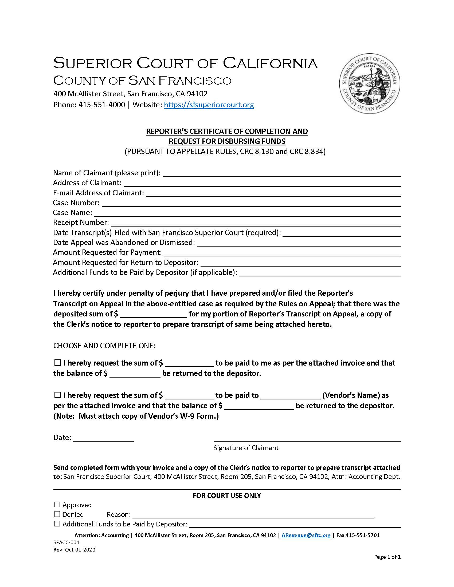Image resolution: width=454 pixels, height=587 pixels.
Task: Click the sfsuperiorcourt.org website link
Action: pyautogui.click(x=209, y=105)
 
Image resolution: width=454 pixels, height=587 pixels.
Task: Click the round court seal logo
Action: pyautogui.click(x=370, y=83)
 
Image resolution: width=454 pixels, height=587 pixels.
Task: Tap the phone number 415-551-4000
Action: pyautogui.click(x=102, y=105)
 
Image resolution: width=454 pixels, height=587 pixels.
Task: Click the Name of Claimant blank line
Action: pyautogui.click(x=281, y=173)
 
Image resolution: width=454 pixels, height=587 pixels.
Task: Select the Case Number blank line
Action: pyautogui.click(x=251, y=203)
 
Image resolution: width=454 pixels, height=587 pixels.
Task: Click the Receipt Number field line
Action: pyautogui.click(x=256, y=223)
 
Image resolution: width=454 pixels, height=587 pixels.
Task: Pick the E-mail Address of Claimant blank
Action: pyautogui.click(x=273, y=193)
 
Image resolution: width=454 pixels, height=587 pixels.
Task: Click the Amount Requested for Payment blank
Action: pyautogui.click(x=282, y=253)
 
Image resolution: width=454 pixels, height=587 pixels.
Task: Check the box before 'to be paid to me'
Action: pyautogui.click(x=58, y=363)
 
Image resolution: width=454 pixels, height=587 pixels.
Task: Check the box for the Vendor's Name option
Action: pyautogui.click(x=58, y=395)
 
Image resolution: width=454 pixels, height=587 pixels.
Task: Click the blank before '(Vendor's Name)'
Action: pyautogui.click(x=291, y=396)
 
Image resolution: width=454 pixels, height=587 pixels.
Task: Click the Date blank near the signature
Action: pyautogui.click(x=103, y=438)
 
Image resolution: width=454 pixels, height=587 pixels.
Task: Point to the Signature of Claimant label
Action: pyautogui.click(x=246, y=448)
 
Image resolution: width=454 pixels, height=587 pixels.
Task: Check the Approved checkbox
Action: pyautogui.click(x=57, y=505)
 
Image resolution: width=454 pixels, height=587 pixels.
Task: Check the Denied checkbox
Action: pyautogui.click(x=57, y=514)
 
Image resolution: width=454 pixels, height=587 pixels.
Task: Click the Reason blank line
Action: pyautogui.click(x=253, y=515)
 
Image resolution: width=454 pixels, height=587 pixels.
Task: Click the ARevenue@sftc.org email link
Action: pyautogui.click(x=306, y=535)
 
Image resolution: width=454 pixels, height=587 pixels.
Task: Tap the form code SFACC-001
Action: pyautogui.click(x=66, y=542)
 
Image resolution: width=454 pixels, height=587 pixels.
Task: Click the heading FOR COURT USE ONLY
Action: pyautogui.click(x=227, y=495)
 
